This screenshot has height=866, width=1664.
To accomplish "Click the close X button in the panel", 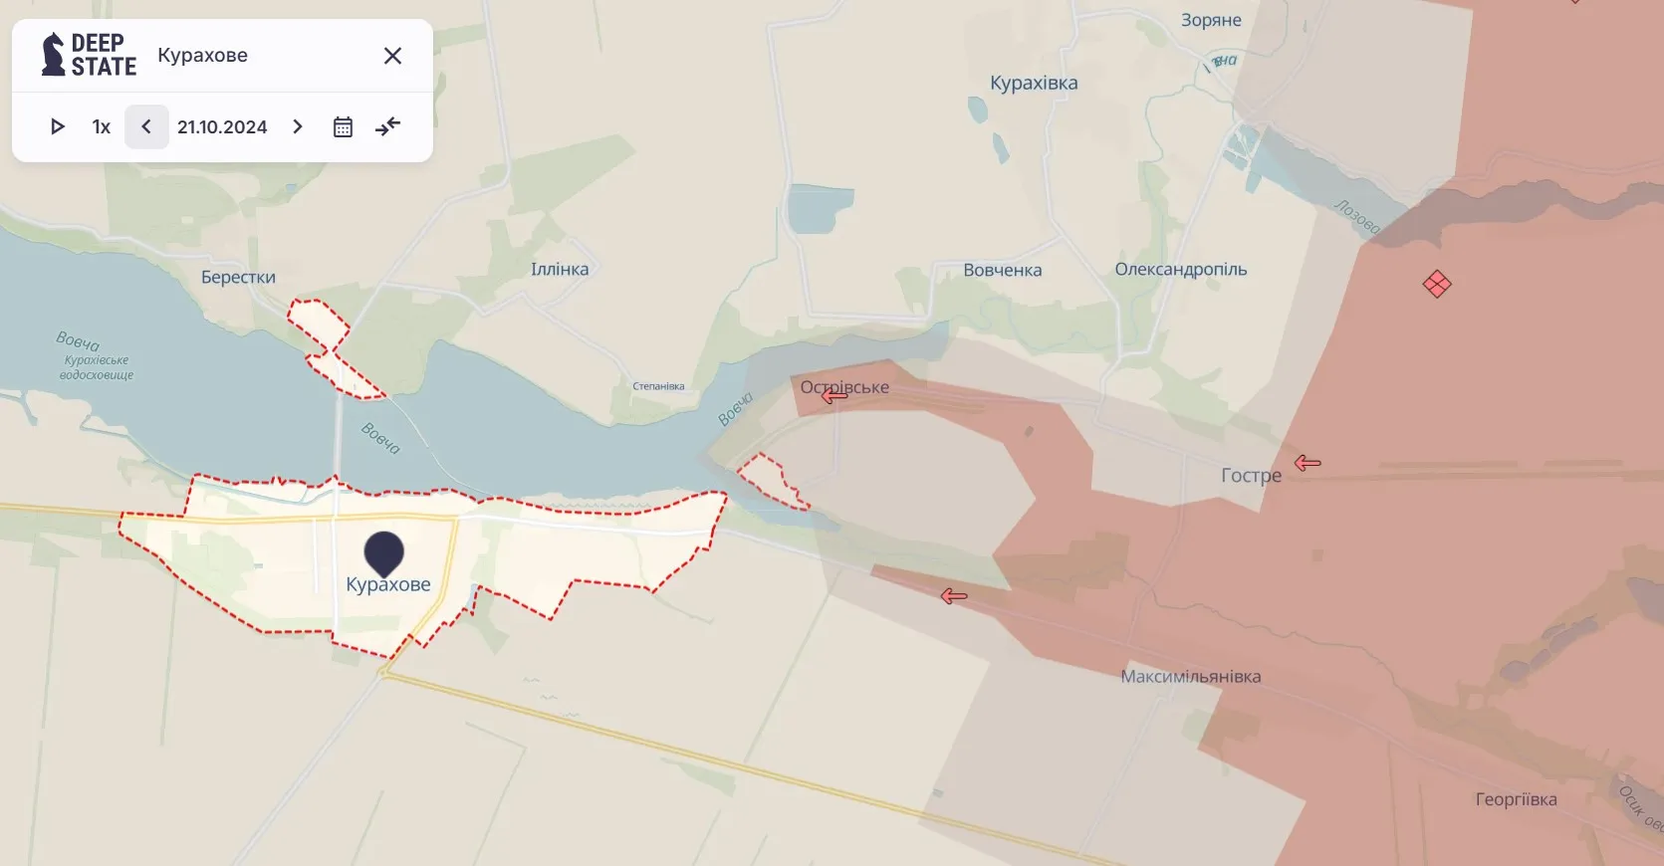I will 392,56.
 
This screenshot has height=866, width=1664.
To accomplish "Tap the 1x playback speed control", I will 101,127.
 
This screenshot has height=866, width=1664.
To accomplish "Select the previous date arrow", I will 146,127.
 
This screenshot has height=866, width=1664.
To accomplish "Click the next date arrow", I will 297,127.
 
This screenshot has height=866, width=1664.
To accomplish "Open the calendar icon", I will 343,127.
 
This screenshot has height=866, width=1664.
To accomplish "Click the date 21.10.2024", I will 222,127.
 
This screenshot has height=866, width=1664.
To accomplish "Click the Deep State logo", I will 89,55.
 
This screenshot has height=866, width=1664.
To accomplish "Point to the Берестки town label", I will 238,277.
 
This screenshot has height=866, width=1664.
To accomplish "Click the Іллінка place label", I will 560,269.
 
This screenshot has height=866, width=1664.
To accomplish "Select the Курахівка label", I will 1034,83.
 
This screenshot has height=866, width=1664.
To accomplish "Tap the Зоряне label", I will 1211,20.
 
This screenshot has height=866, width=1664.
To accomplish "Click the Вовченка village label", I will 1002,270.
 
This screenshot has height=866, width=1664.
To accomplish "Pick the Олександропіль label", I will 1180,269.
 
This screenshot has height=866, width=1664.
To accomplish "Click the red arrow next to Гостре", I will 1307,463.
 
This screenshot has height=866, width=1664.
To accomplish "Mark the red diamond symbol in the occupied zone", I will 1437,285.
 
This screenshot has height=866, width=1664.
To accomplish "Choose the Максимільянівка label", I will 1190,677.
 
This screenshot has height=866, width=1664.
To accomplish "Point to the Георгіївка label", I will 1516,799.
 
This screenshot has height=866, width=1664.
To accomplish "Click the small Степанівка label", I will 658,386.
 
